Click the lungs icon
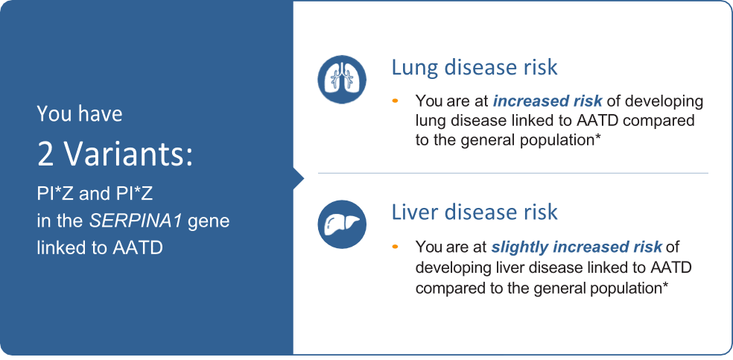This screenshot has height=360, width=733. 342,80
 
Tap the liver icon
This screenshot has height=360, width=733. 342,224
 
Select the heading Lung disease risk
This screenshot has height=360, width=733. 475,67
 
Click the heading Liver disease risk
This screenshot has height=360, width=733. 475,212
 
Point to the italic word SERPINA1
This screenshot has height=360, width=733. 137,221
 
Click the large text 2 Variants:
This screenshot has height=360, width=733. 115,156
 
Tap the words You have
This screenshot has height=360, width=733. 80,114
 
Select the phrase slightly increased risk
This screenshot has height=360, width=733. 577,247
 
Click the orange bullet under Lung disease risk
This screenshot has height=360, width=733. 396,100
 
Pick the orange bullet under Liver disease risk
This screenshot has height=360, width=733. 396,246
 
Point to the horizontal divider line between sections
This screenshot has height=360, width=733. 513,173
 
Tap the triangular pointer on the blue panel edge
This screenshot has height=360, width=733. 299,178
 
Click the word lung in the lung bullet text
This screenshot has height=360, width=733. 431,121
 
